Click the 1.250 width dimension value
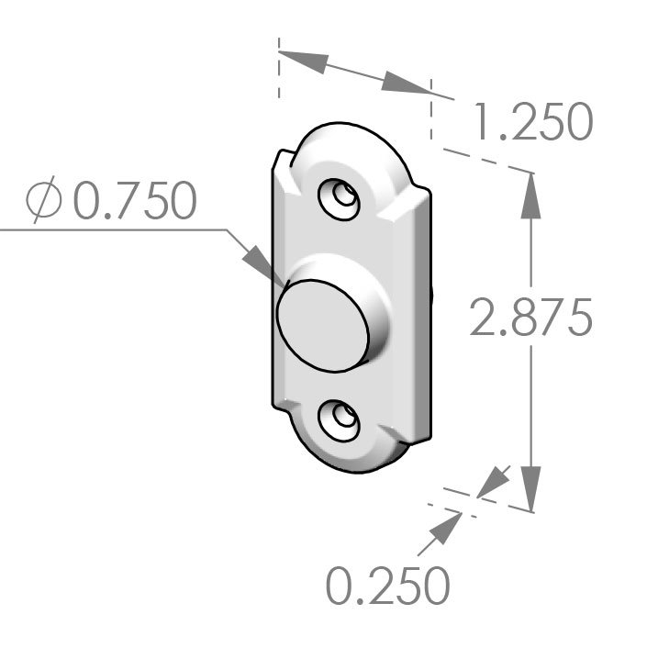(x=531, y=123)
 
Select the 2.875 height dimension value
(x=530, y=318)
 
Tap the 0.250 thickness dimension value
(x=388, y=586)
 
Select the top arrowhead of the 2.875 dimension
(x=530, y=197)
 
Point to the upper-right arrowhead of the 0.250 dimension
(x=495, y=479)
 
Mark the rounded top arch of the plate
(x=347, y=133)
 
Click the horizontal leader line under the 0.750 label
(x=110, y=229)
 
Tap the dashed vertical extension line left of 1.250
(x=277, y=69)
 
